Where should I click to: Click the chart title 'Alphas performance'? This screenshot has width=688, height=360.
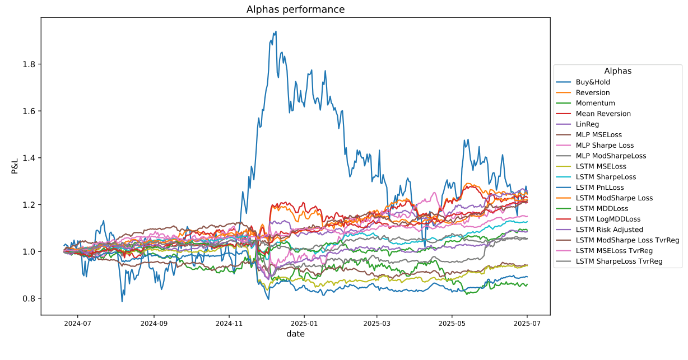click(x=295, y=10)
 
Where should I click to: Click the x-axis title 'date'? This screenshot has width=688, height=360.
click(x=295, y=334)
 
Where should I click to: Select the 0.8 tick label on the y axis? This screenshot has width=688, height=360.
click(x=29, y=298)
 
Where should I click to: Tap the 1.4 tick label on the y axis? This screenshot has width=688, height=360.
click(x=29, y=158)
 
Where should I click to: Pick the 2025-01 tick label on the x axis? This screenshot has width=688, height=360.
click(x=303, y=323)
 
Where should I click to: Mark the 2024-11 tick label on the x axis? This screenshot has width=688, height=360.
click(x=229, y=323)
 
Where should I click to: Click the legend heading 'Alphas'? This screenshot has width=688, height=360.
click(x=618, y=71)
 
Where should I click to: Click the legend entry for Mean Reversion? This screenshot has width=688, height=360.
click(x=603, y=114)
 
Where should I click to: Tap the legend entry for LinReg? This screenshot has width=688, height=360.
click(x=588, y=124)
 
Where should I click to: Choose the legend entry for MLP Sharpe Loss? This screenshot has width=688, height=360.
click(x=605, y=145)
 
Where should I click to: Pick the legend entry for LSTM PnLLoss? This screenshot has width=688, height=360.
click(x=599, y=188)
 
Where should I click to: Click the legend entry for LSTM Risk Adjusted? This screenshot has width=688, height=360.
click(x=610, y=230)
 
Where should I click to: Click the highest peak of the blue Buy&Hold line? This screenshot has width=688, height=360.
click(x=276, y=31)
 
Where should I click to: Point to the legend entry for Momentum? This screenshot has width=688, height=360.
click(x=595, y=103)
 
